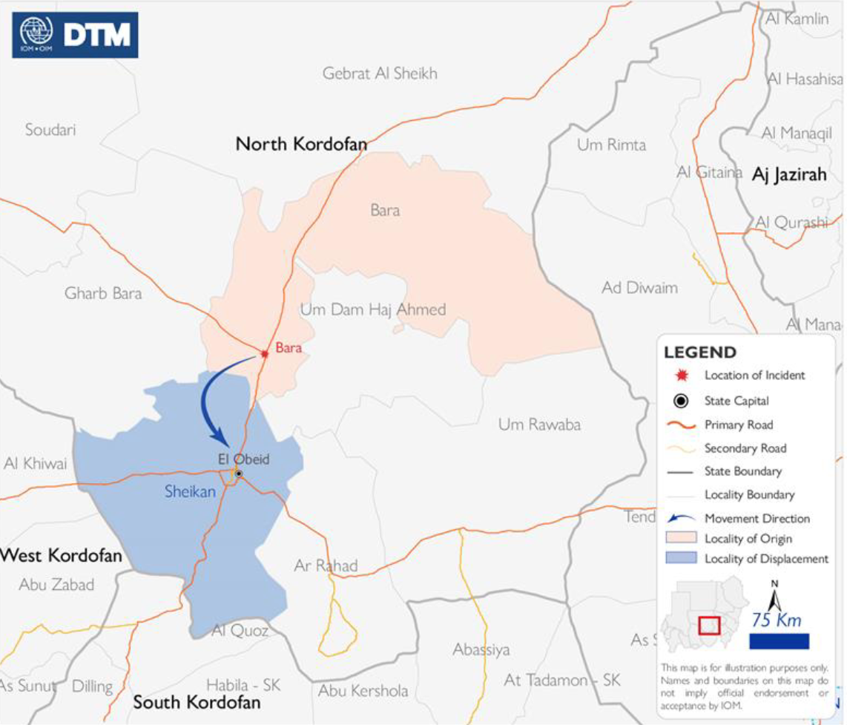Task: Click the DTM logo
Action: tap(75, 34)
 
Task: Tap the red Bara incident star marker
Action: tap(264, 354)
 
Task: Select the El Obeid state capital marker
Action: tap(239, 473)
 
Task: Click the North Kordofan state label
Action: tap(301, 144)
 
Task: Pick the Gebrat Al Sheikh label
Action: tap(380, 73)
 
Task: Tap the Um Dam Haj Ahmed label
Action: tap(373, 309)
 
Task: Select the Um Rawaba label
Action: tap(539, 425)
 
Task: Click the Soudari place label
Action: tap(50, 130)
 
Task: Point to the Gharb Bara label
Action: tap(103, 293)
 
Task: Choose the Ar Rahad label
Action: tap(326, 566)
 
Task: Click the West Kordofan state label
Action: tap(61, 555)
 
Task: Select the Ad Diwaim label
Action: tap(639, 287)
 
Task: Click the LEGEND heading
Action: tap(700, 352)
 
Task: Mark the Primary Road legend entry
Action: tap(738, 425)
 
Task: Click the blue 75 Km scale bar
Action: tap(779, 641)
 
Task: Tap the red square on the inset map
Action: tap(709, 625)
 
